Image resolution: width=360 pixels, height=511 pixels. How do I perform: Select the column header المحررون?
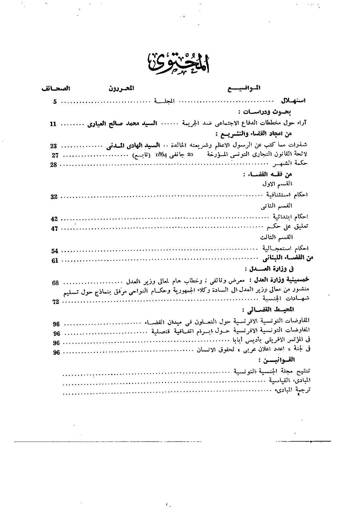[x=121, y=88]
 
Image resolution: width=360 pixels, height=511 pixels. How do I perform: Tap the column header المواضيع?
[x=244, y=88]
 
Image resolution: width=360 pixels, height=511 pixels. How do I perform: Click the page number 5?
[x=55, y=102]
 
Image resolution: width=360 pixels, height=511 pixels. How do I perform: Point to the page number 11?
[x=54, y=124]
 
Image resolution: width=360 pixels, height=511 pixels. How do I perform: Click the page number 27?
[x=55, y=155]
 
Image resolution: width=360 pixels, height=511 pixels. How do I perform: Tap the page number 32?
[x=54, y=197]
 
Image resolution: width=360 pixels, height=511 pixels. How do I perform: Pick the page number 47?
[x=54, y=229]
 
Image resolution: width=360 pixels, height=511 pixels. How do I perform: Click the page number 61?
[x=55, y=261]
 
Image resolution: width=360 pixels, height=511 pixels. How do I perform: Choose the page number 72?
[x=56, y=302]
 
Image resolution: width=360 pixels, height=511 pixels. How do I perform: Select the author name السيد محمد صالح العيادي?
[x=122, y=124]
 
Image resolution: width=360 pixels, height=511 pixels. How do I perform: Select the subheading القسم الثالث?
[x=276, y=238]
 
